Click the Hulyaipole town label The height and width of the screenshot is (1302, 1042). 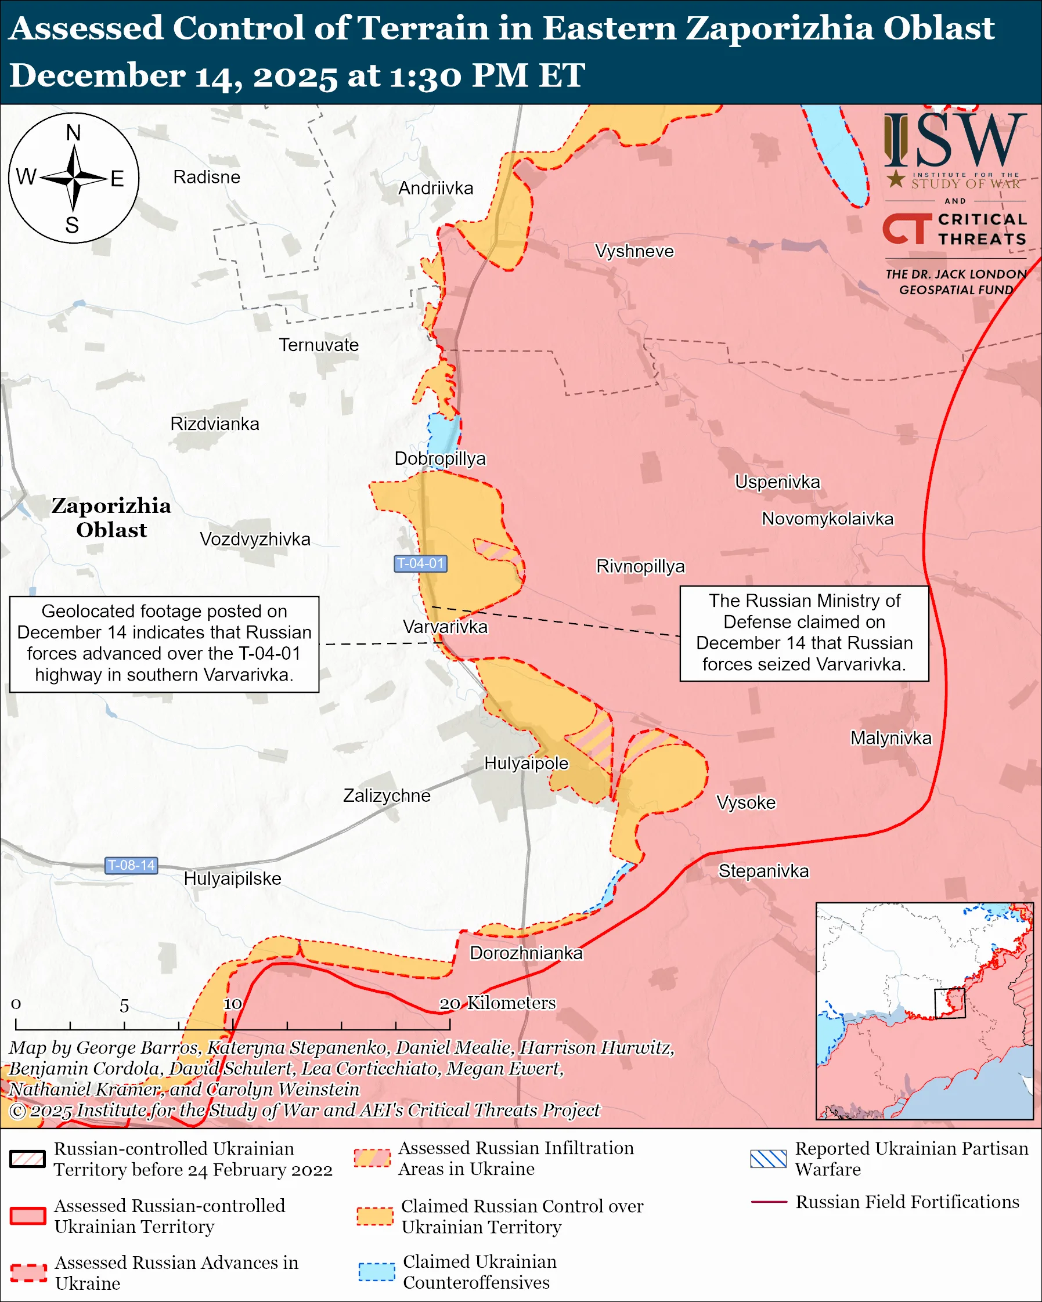526,764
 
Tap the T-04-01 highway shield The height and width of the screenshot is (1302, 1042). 420,563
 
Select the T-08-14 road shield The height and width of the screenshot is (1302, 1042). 131,865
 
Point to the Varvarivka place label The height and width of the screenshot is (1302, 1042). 445,627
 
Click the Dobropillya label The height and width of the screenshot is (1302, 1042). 440,458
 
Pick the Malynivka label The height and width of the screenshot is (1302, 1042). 891,738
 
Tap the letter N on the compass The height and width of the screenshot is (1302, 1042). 73,133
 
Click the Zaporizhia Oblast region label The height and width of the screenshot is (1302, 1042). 111,518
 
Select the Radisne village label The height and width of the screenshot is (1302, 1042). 207,177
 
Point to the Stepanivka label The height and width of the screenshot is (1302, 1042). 763,871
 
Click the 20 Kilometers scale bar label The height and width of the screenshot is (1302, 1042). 496,1003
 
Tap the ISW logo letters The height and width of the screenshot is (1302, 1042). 954,142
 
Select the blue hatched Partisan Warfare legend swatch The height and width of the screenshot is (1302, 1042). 768,1159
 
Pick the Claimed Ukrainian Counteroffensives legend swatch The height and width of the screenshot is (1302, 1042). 376,1271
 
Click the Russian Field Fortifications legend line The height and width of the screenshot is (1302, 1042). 769,1202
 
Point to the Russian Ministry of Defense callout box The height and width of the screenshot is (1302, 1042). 804,633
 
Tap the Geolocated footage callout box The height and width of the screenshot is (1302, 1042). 164,644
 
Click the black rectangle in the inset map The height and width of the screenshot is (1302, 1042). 950,1003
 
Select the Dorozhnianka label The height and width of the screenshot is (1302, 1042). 526,953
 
